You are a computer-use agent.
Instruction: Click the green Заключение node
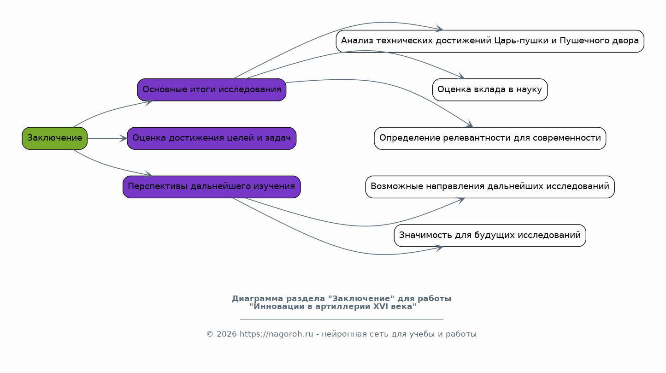point(55,138)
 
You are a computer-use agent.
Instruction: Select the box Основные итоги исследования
point(212,90)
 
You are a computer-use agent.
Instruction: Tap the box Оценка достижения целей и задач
point(212,138)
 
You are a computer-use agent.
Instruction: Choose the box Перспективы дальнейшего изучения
point(212,187)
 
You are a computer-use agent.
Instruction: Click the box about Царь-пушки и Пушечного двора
point(490,41)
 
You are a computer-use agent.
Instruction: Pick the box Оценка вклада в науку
point(490,90)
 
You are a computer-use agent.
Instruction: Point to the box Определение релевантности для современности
point(490,138)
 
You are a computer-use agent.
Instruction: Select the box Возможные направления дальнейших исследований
point(490,187)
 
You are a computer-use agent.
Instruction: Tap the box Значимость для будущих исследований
point(490,235)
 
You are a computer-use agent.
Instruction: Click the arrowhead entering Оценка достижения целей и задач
point(124,138)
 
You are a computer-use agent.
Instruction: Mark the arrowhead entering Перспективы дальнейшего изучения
point(149,174)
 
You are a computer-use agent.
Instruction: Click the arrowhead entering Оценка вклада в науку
point(461,77)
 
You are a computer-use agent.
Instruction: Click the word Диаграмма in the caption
point(258,299)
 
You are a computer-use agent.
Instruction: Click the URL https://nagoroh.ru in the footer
point(276,334)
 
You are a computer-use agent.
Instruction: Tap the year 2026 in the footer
point(227,334)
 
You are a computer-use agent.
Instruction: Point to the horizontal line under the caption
point(342,320)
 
